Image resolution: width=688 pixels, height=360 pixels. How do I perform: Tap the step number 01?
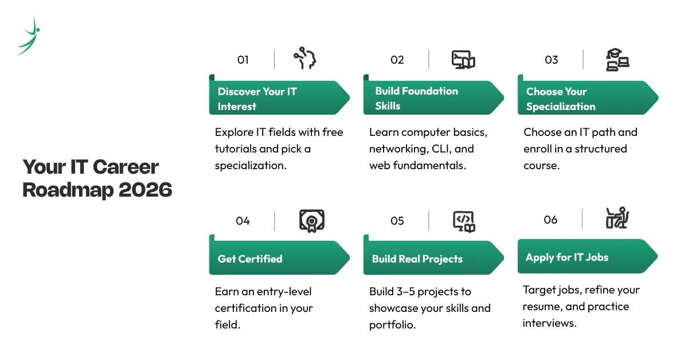(243, 60)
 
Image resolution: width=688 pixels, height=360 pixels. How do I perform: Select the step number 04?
(243, 221)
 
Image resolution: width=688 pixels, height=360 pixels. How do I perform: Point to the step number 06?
(550, 220)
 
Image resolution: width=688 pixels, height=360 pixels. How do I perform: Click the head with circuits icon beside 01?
(305, 58)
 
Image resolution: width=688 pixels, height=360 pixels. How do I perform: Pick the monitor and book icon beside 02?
(463, 60)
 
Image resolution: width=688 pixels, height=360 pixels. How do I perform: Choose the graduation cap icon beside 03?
(617, 60)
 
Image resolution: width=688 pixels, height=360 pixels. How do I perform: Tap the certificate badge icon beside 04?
(312, 221)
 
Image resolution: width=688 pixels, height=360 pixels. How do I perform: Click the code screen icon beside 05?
(464, 221)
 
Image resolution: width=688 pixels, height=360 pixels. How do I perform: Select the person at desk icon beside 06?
(617, 218)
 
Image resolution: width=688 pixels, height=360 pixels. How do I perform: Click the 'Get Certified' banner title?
(250, 259)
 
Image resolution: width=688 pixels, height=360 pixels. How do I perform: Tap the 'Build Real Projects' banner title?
(417, 259)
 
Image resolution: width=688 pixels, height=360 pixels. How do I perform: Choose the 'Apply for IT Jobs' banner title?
(567, 257)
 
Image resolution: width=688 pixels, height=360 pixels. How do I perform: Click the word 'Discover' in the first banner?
(239, 92)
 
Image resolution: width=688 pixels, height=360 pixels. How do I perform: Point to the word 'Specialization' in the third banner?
(561, 107)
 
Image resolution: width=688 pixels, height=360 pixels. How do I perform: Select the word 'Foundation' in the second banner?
(429, 91)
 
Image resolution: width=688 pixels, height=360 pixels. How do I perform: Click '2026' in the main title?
(145, 190)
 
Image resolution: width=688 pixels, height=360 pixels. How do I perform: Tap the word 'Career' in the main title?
(126, 167)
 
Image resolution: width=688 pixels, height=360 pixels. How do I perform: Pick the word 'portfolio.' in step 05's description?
(393, 325)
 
